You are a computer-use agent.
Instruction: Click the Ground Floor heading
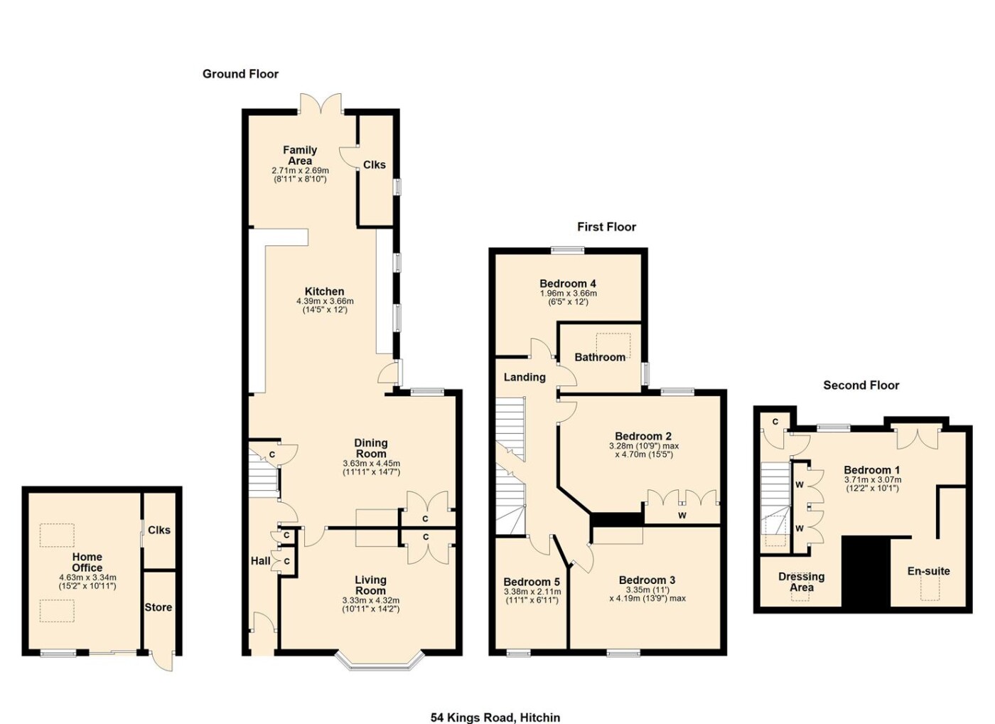click(x=240, y=74)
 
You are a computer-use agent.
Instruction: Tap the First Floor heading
click(x=606, y=227)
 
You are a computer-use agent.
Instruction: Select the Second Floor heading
click(x=861, y=385)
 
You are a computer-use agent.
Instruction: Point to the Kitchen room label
click(x=324, y=292)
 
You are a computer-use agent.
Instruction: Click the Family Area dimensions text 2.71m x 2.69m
click(x=300, y=171)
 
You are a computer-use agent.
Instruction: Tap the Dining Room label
click(x=371, y=449)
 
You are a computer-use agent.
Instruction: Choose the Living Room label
click(x=370, y=585)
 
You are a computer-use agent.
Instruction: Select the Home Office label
click(x=87, y=563)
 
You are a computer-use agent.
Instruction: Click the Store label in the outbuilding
click(x=158, y=607)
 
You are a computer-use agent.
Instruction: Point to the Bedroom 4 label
click(x=568, y=284)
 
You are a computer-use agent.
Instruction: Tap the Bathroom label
click(x=600, y=357)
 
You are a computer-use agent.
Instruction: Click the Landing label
click(x=525, y=378)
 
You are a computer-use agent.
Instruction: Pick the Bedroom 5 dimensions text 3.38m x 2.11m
click(x=532, y=592)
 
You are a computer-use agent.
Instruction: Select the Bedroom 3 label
click(x=647, y=580)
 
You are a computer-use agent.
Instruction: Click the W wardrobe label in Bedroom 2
click(x=682, y=516)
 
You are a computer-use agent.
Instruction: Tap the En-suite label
click(x=928, y=571)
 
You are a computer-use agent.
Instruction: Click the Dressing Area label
click(x=802, y=582)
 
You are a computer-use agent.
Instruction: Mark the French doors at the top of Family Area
click(x=321, y=103)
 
